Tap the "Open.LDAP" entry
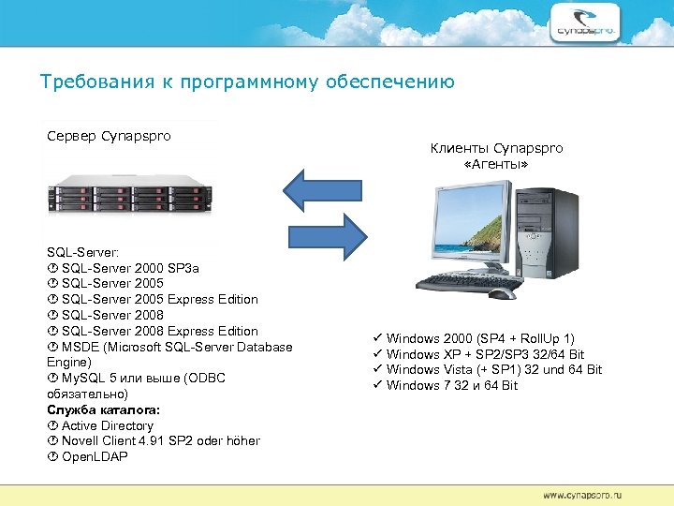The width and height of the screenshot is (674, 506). click(94, 457)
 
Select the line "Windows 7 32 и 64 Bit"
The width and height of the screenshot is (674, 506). click(451, 385)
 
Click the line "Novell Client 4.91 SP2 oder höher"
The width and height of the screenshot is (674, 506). click(160, 441)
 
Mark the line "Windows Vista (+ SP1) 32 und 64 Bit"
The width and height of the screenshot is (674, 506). click(493, 369)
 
